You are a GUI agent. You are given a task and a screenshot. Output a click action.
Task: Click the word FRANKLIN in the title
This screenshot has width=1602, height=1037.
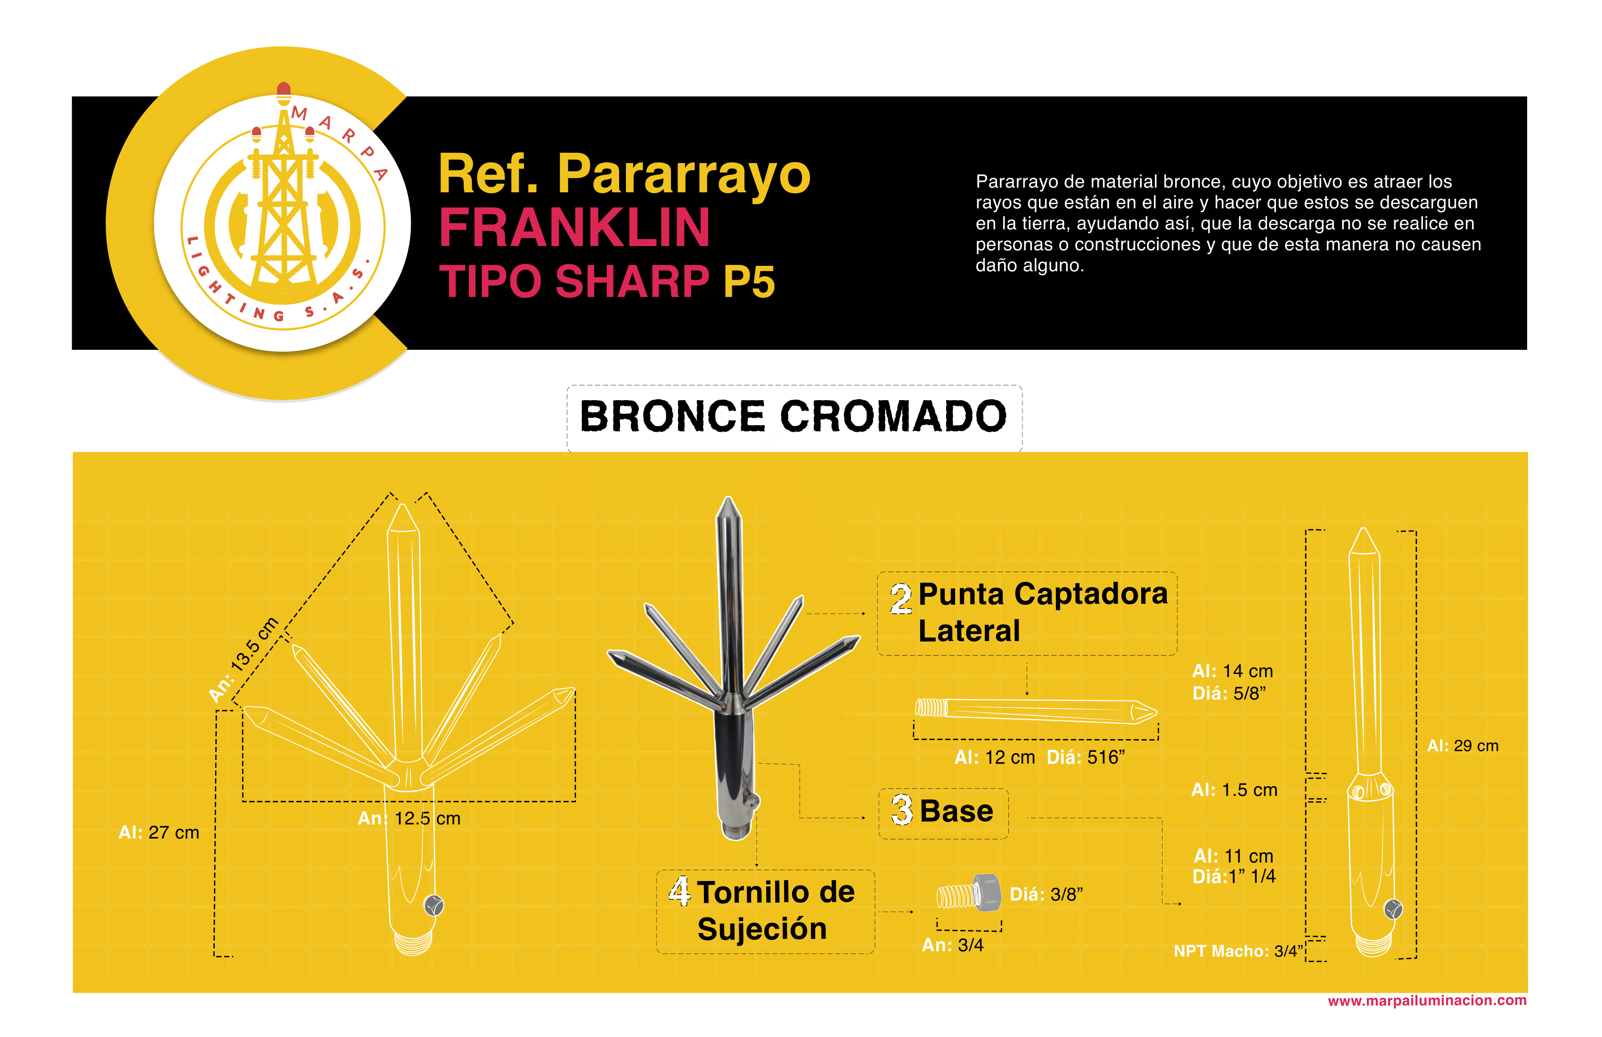point(574,228)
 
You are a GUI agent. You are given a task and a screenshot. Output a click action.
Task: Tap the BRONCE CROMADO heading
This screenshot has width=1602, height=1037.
point(793,416)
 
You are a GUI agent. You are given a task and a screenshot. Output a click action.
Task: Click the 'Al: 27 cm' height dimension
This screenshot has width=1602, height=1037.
point(159,833)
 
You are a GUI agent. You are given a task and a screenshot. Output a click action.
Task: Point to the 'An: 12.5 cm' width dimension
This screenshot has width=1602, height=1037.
point(409,819)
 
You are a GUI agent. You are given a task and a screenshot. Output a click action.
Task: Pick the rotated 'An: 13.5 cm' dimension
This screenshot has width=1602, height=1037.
point(244,660)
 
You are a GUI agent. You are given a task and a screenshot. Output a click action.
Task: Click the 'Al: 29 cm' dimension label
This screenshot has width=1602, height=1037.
point(1463,746)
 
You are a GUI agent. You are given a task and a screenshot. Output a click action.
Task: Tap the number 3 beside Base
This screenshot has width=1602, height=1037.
point(901,810)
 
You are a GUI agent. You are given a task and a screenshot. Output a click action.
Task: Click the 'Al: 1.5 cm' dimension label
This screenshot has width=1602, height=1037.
point(1234,790)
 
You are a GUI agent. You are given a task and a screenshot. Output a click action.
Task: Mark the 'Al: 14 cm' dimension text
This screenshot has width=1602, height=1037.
point(1233,671)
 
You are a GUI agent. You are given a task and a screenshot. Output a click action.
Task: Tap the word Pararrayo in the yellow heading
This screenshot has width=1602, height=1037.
point(684,175)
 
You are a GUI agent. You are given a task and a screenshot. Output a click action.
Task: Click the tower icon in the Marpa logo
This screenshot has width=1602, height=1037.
point(283,202)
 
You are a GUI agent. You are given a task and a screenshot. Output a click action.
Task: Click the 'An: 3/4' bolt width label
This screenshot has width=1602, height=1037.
point(952,946)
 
